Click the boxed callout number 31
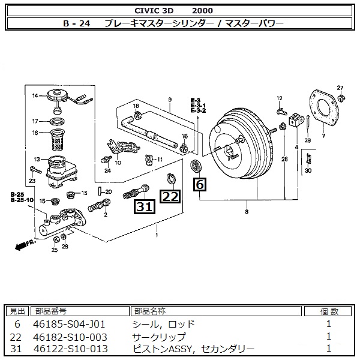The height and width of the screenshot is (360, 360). point(143,208)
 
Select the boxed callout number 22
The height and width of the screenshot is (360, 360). point(170,196)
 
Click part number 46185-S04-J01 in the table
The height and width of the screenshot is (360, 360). point(71,323)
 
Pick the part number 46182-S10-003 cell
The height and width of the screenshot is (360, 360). point(71,336)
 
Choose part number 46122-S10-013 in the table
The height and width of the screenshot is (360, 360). point(71,349)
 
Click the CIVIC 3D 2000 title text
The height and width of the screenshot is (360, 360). point(180,10)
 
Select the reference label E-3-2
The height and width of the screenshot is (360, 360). point(198,111)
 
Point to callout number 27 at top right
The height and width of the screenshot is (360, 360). point(340,88)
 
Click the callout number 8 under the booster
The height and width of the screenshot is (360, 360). point(246,211)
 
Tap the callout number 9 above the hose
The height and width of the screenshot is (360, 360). point(170,99)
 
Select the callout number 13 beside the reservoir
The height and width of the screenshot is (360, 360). point(37,159)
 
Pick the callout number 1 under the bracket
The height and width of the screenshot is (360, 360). point(157,235)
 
